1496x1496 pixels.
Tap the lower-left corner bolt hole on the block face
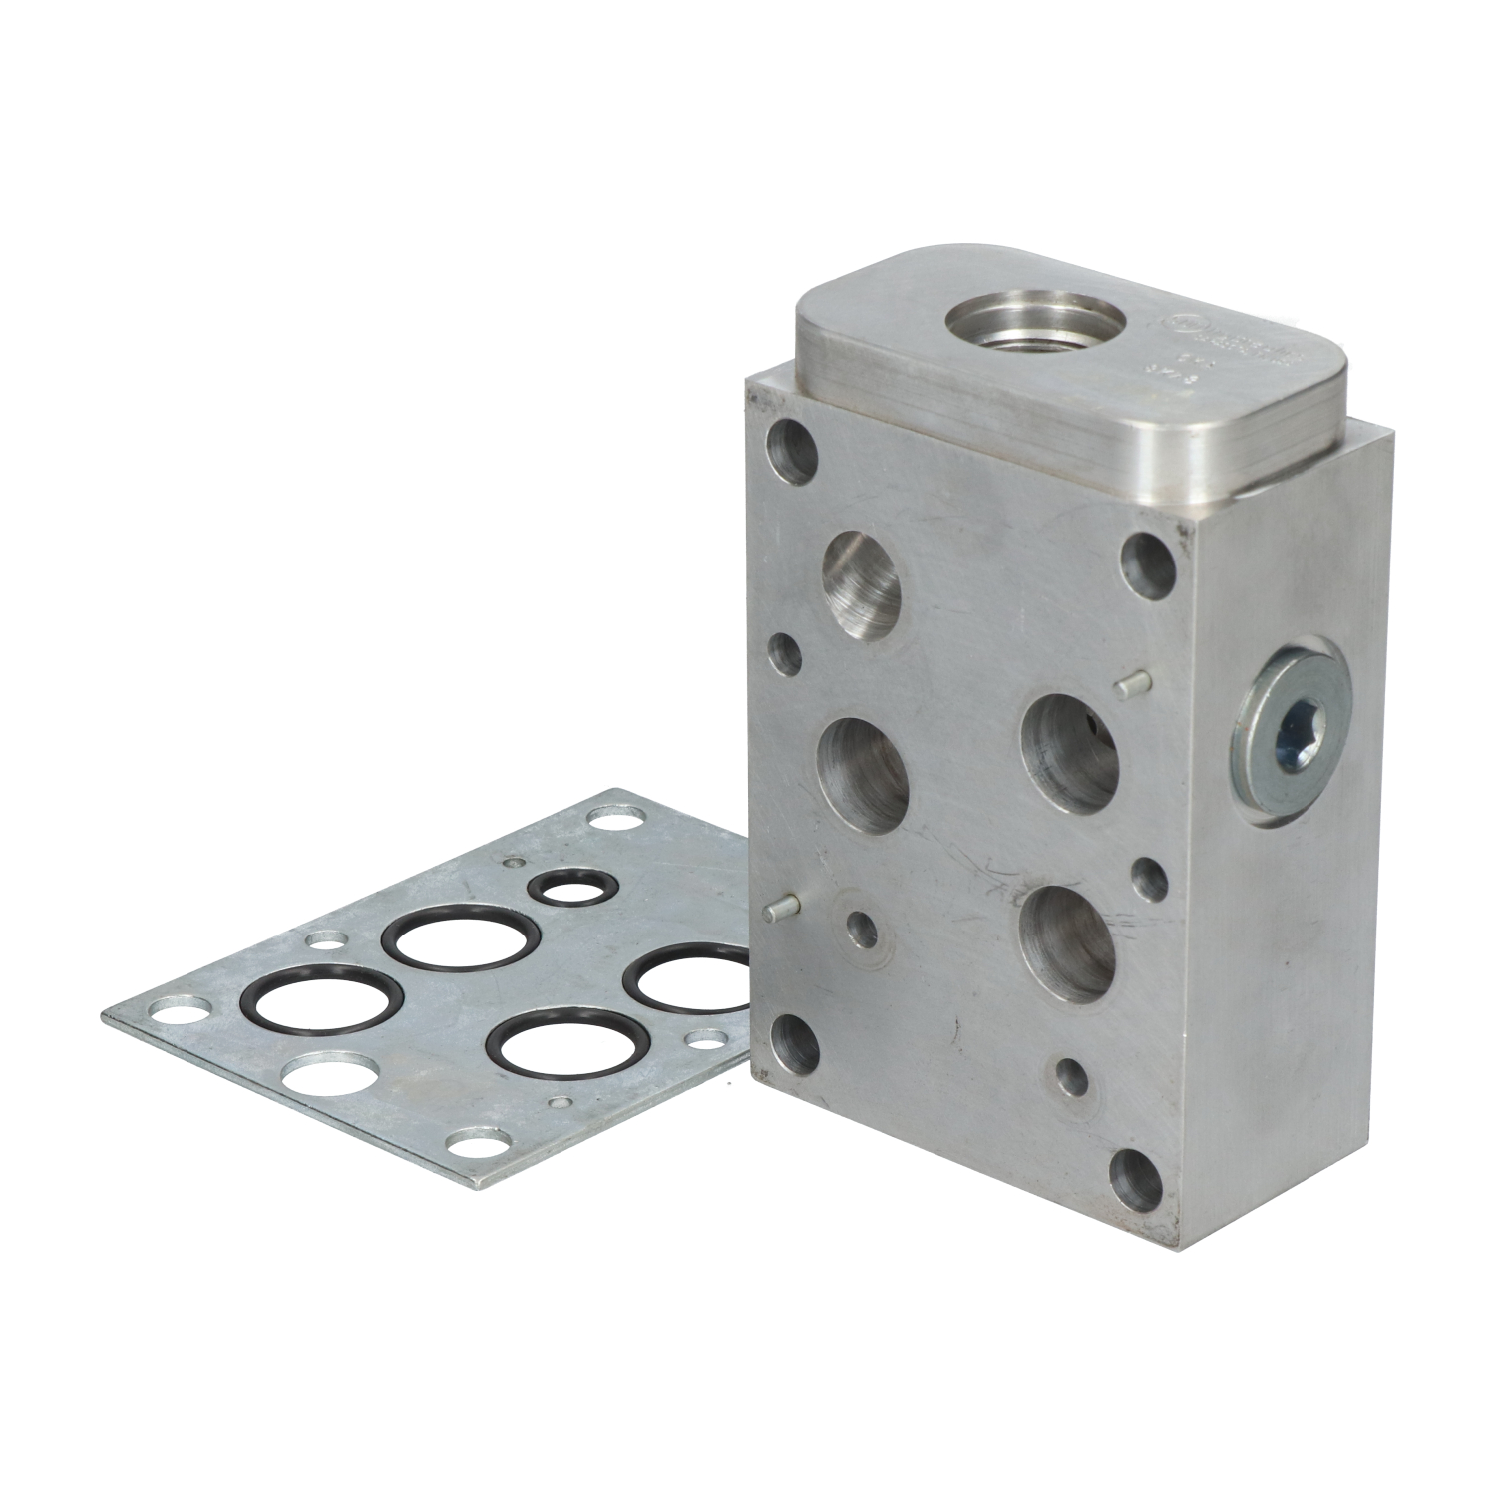coord(793,1040)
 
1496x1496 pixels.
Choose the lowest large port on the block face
coord(1068,941)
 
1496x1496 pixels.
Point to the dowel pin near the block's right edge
coord(1131,684)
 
